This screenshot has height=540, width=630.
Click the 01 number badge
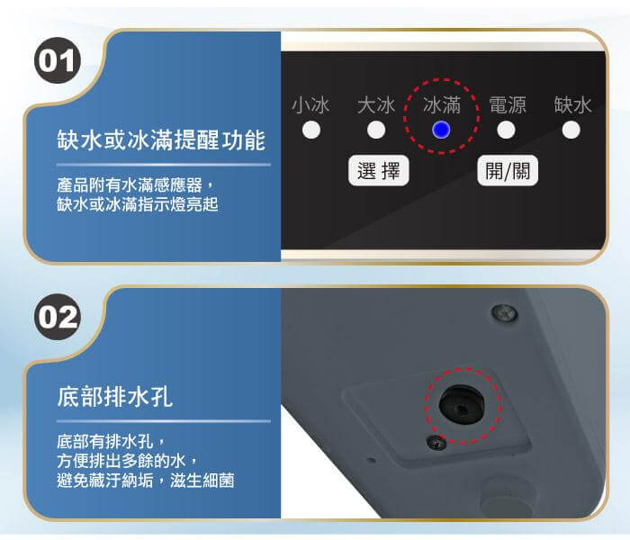tap(58, 60)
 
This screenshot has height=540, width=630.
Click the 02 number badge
tap(58, 317)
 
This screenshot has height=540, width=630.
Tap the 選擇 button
tap(379, 171)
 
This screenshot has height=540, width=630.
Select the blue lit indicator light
tap(441, 130)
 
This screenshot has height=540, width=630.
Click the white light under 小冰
tap(311, 130)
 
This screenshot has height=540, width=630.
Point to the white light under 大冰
tap(376, 130)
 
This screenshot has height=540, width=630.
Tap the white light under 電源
tap(506, 130)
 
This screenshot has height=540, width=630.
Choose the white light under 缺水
tap(571, 130)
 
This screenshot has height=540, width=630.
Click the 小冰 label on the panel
tap(311, 105)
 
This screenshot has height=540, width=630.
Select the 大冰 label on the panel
tap(376, 105)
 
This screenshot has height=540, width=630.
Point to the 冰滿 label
tap(442, 105)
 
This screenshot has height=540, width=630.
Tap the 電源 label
tap(507, 105)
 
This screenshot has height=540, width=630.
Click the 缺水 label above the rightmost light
tap(572, 105)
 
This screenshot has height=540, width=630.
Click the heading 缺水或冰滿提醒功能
tap(161, 140)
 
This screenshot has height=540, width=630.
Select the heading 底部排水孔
tap(115, 397)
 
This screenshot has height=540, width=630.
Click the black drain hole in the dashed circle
tap(462, 405)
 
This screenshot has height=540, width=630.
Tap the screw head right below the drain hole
tap(436, 443)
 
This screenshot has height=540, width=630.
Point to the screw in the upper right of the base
tap(504, 313)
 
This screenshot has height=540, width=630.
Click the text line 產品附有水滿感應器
tap(130, 185)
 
